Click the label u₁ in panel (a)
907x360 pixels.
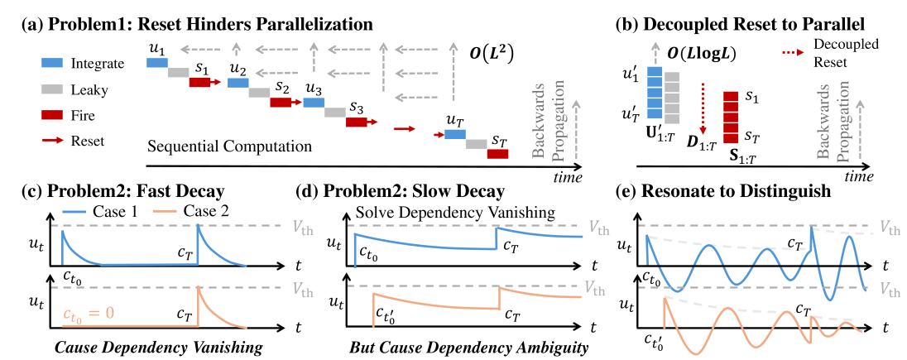156,48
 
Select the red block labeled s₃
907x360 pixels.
357,122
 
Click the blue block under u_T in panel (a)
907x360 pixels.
455,134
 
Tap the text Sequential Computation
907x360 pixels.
229,147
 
